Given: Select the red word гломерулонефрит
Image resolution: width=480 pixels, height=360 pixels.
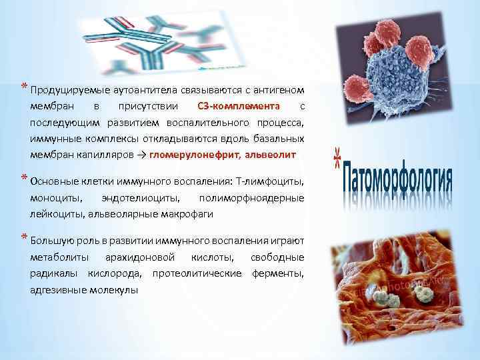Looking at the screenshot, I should [197, 155].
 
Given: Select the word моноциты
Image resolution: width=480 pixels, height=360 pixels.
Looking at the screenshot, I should [57, 197].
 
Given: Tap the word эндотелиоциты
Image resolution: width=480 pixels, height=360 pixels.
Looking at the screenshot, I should [141, 197].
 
